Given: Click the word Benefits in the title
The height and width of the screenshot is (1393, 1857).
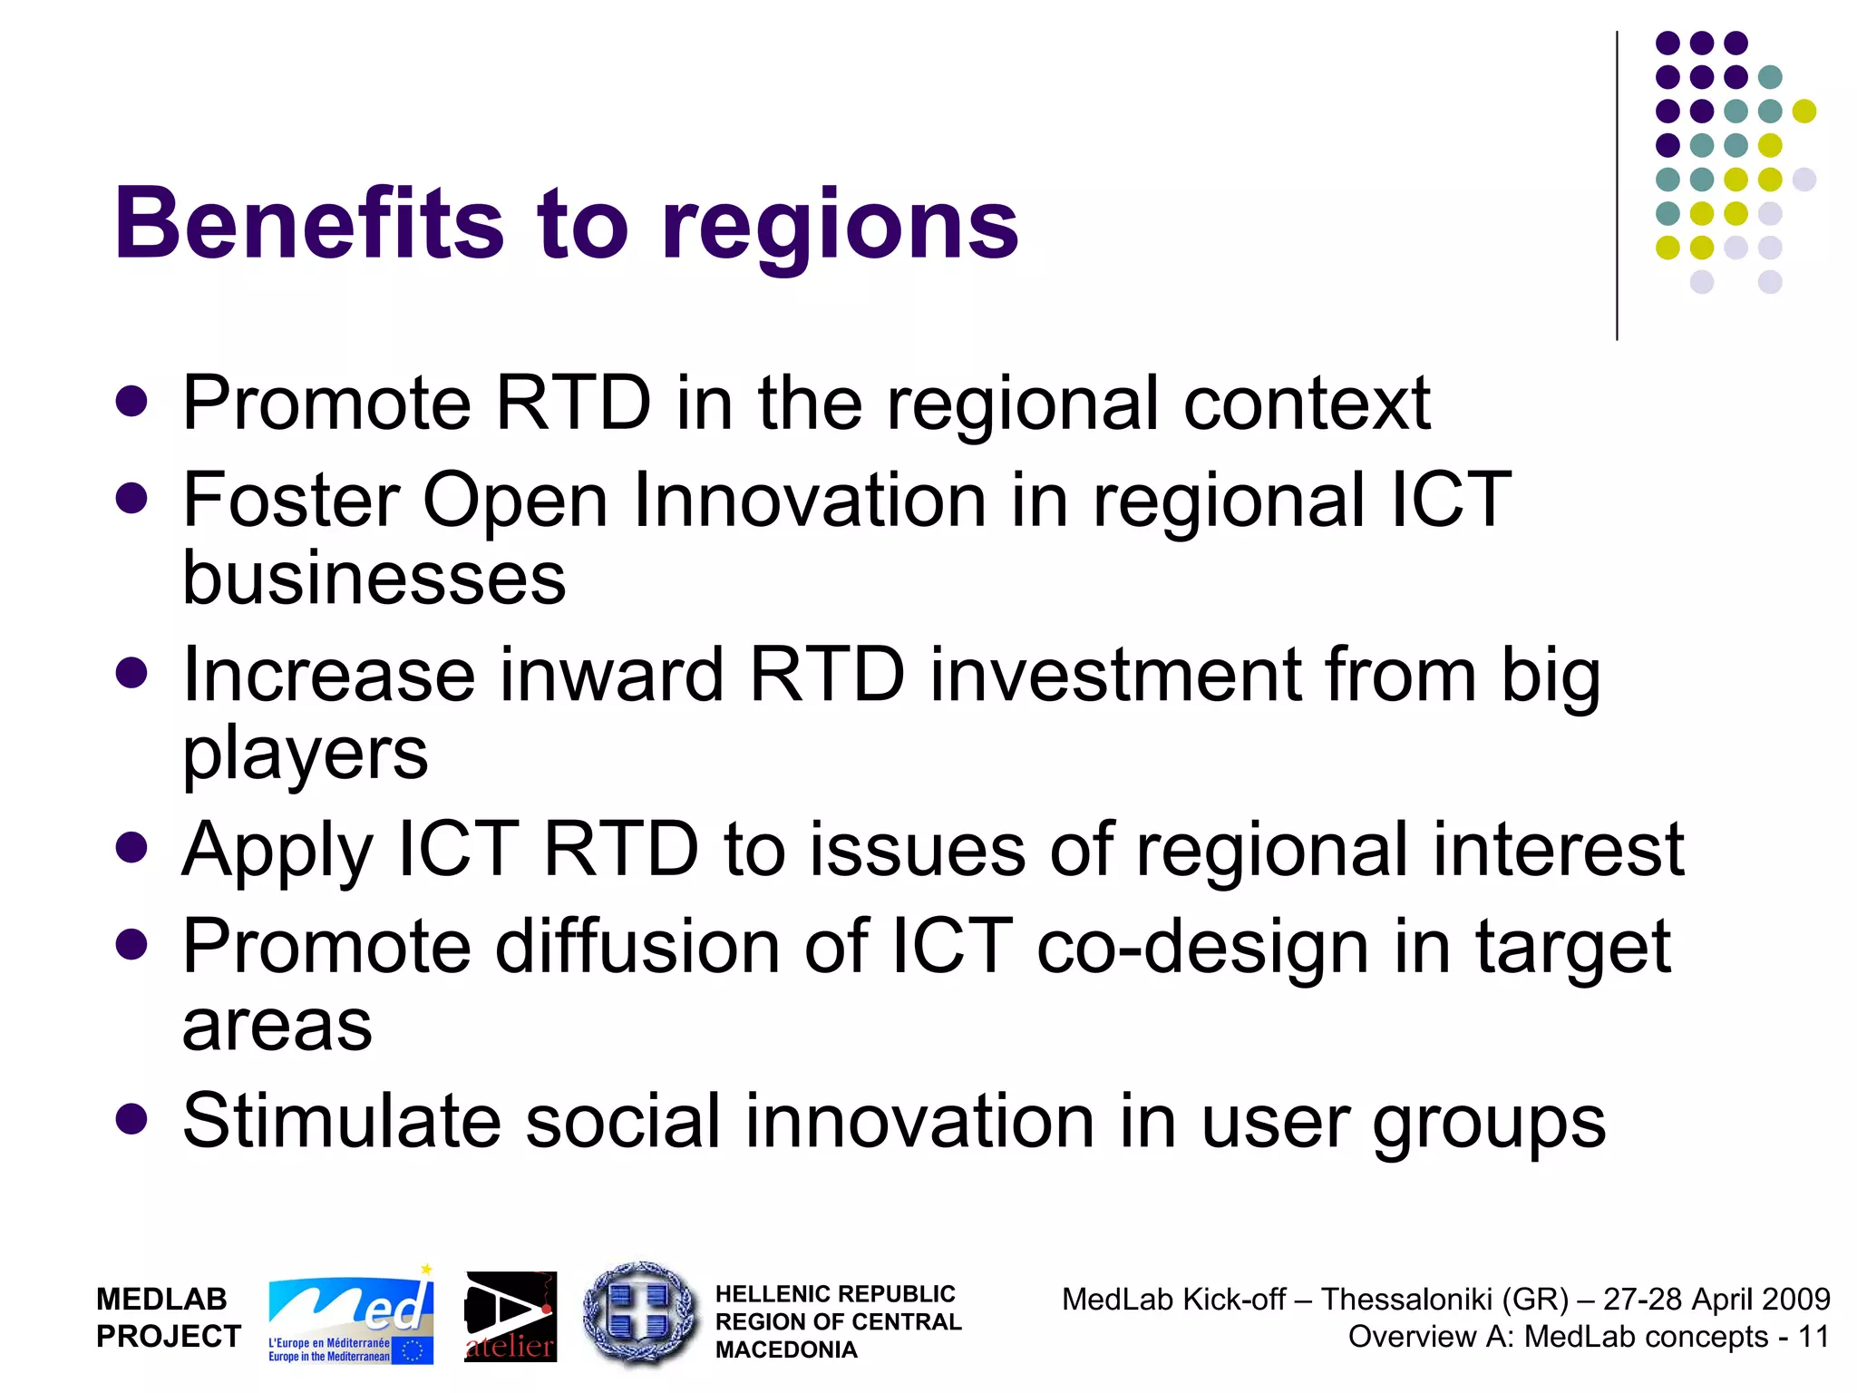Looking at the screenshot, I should [308, 222].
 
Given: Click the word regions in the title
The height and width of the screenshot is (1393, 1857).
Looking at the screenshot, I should [840, 227].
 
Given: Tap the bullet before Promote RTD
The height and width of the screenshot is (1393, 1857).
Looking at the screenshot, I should [132, 402].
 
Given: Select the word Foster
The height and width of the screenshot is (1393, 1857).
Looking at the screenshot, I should [290, 500].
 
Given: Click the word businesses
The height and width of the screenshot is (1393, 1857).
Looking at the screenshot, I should [374, 578].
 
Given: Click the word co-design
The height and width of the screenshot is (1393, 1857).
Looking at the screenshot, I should [1201, 948].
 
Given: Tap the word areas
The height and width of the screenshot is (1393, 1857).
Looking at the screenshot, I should [277, 1027].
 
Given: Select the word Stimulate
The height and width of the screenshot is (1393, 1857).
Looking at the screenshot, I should [341, 1121].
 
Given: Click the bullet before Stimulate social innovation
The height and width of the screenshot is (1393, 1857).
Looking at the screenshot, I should [132, 1119].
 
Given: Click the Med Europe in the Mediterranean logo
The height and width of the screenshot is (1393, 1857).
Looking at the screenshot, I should [351, 1317].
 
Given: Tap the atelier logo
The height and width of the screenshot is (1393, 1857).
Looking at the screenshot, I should [510, 1317].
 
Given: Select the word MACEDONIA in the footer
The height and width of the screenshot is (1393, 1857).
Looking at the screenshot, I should [785, 1350].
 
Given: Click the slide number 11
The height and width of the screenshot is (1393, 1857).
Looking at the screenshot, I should [1813, 1337].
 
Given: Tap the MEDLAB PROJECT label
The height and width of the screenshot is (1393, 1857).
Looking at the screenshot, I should [168, 1317].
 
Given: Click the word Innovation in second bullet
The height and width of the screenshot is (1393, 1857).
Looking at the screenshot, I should [809, 500].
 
